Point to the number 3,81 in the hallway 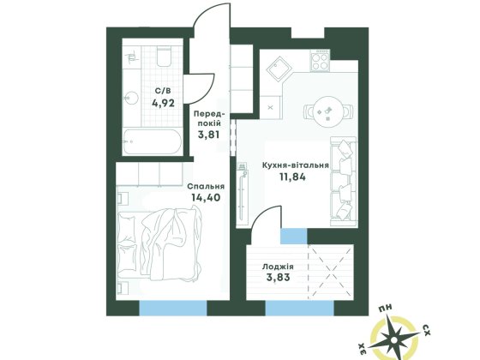point(209,134)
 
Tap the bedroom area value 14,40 point(205,196)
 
